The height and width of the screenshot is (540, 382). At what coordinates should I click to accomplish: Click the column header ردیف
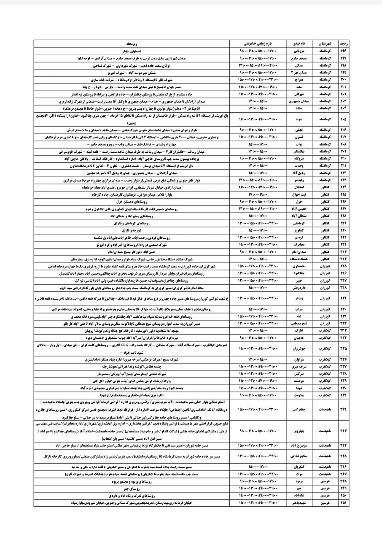pos(344,43)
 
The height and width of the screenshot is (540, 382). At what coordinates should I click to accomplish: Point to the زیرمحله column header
pos(132,43)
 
